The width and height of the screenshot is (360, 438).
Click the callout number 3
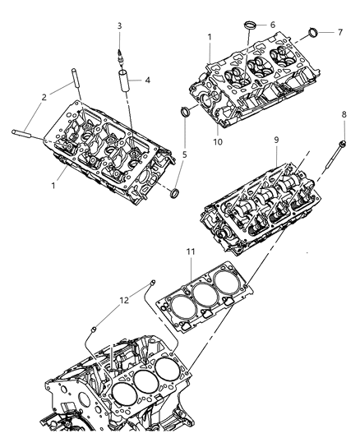(119, 26)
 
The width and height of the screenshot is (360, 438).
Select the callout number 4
(148, 81)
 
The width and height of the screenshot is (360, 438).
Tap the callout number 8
(343, 115)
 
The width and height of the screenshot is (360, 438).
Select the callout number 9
(278, 152)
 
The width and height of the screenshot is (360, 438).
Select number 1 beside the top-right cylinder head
(210, 38)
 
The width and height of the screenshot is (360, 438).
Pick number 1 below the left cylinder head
(53, 186)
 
